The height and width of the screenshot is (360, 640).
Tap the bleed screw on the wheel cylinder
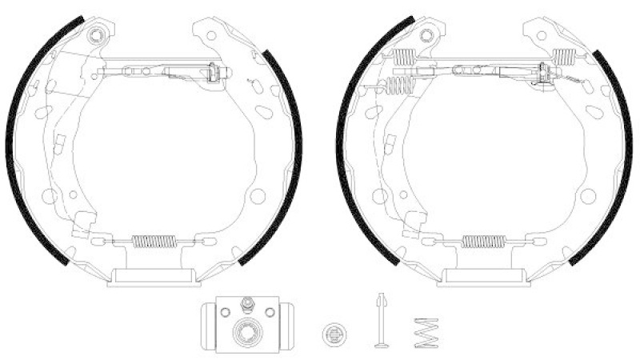click(248, 302)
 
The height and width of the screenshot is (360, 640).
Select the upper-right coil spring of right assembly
click(565, 56)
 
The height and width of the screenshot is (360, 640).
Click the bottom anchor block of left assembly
click(153, 275)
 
